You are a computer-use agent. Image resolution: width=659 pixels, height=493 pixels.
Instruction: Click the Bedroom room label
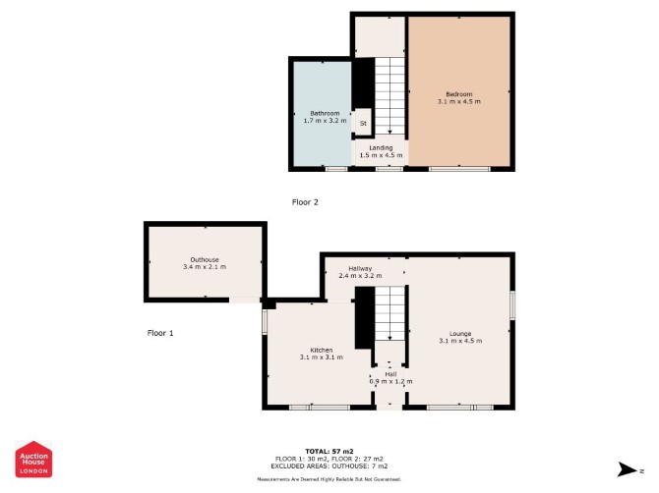click(x=459, y=94)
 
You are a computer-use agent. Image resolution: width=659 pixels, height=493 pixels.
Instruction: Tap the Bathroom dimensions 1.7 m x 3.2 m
click(x=325, y=121)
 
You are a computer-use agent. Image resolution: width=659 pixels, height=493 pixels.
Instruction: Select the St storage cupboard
click(x=363, y=123)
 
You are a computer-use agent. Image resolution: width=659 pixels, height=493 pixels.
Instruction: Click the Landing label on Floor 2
click(x=381, y=147)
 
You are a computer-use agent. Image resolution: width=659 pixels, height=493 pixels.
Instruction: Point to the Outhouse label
click(x=205, y=259)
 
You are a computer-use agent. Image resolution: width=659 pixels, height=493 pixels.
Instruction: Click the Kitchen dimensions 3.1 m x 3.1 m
click(x=321, y=357)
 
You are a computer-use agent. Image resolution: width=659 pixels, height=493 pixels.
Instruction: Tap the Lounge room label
click(x=460, y=334)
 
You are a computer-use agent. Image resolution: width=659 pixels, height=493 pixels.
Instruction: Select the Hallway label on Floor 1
click(x=360, y=268)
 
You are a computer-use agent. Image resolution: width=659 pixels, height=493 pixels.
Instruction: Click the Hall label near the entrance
click(x=390, y=374)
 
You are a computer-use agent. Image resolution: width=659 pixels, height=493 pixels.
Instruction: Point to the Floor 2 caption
click(x=305, y=202)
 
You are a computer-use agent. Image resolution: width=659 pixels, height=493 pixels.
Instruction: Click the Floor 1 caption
click(x=160, y=333)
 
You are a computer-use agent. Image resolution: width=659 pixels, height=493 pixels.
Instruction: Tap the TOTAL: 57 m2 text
click(x=329, y=452)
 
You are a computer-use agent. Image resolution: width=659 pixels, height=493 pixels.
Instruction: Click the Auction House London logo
click(x=33, y=460)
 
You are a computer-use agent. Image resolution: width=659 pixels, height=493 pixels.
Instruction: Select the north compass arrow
click(x=628, y=469)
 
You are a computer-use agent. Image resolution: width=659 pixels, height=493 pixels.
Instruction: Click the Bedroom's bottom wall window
click(x=459, y=169)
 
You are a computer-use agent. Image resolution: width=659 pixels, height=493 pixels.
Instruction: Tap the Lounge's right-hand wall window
click(x=512, y=305)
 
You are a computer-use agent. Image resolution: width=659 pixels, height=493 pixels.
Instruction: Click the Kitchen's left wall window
click(x=265, y=322)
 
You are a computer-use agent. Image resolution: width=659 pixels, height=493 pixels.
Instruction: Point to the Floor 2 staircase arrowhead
click(x=390, y=132)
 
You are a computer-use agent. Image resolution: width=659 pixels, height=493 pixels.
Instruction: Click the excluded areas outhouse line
click(x=329, y=466)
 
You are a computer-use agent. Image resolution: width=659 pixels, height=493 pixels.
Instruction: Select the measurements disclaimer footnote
click(x=329, y=479)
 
